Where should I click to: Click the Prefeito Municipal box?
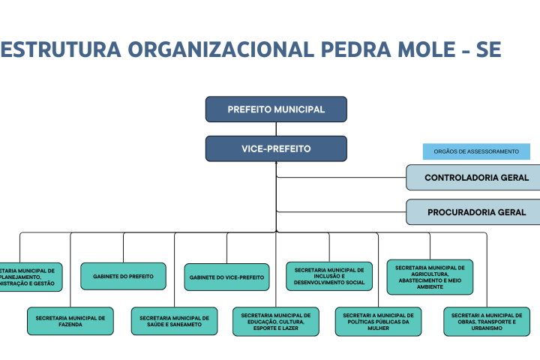(x=276, y=109)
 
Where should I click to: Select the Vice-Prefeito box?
(x=276, y=148)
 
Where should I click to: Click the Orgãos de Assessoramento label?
(x=476, y=151)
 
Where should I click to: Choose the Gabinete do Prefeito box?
(x=123, y=277)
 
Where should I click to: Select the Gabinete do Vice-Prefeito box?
(x=226, y=277)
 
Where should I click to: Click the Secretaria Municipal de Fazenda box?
(x=70, y=322)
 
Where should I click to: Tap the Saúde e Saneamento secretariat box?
(x=174, y=322)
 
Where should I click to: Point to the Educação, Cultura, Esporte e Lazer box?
(x=276, y=322)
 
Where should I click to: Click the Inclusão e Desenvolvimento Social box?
(x=329, y=277)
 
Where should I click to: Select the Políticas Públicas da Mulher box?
(x=378, y=322)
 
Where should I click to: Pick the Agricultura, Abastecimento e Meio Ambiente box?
(x=430, y=277)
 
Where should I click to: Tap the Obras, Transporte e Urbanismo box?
(x=487, y=322)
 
